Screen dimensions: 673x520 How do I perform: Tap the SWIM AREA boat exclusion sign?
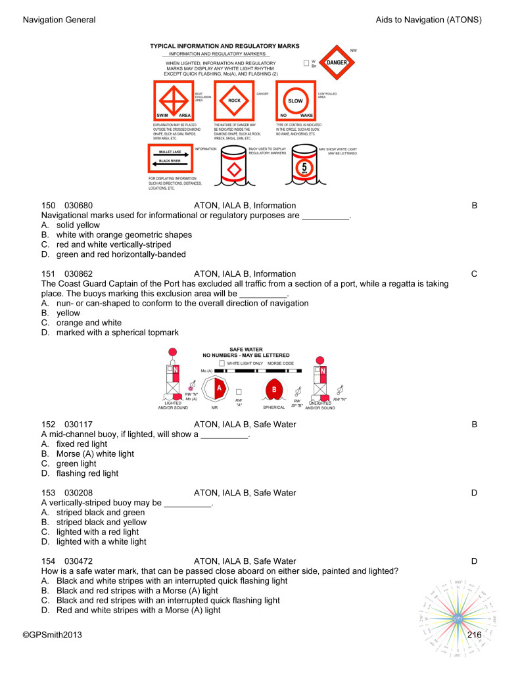tap(172, 101)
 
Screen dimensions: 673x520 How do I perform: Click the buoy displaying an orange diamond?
tap(233, 170)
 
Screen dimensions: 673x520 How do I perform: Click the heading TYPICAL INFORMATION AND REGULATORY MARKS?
tap(224, 46)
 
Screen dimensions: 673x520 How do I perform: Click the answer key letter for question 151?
tap(474, 274)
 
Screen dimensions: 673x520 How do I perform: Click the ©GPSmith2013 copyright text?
tap(53, 635)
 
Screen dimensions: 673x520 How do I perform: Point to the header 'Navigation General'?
tap(59, 20)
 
